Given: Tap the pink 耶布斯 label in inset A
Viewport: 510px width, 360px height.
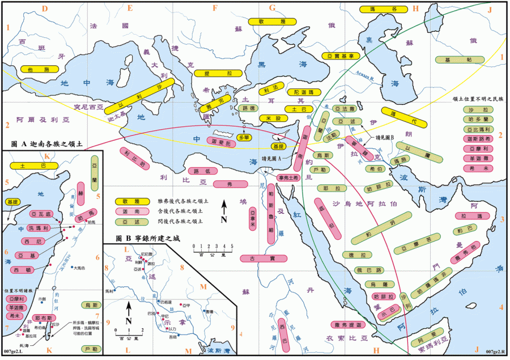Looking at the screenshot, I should [44, 318].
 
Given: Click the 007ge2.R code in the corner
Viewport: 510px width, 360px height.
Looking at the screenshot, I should [496, 353].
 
